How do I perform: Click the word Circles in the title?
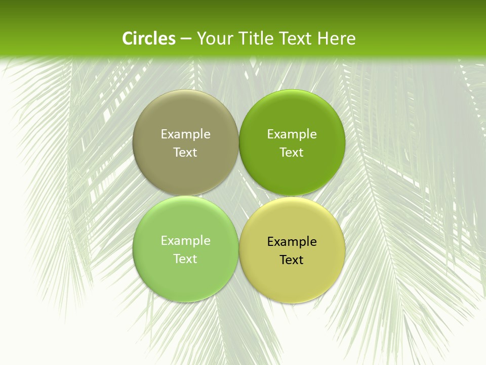(x=149, y=39)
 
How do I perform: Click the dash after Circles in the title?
(x=186, y=39)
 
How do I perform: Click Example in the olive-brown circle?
(x=185, y=134)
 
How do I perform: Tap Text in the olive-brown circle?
(x=185, y=152)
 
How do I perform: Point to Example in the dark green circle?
(x=292, y=134)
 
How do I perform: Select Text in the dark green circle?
(x=292, y=152)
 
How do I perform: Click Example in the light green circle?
(x=185, y=241)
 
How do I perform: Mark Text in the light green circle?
(x=185, y=259)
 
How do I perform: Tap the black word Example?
(x=292, y=242)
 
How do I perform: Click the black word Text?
(x=292, y=260)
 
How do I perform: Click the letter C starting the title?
(x=128, y=39)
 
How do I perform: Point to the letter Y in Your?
(x=201, y=39)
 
